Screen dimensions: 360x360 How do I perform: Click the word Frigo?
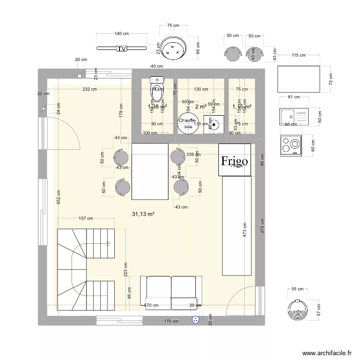(234, 161)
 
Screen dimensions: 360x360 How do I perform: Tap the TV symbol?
(122, 48)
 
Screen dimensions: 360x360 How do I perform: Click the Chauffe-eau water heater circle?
(188, 123)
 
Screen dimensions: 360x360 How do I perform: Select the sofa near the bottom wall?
(171, 291)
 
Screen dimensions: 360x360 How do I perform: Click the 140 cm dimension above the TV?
(121, 34)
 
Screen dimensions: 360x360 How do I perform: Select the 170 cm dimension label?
(171, 322)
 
